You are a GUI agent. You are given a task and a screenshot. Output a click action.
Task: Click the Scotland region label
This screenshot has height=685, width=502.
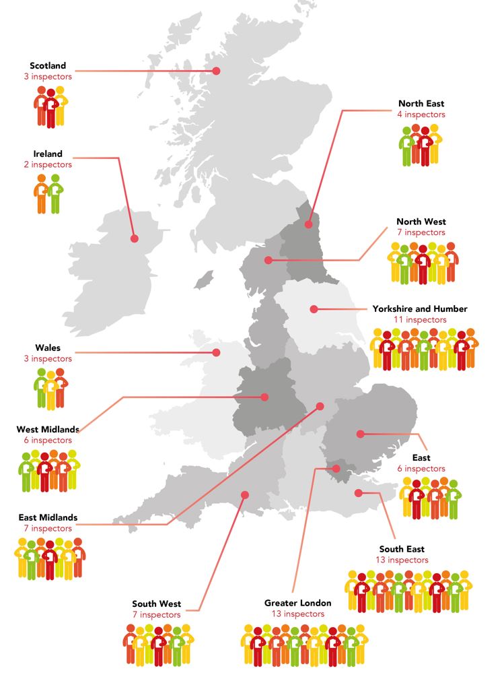pos(48,66)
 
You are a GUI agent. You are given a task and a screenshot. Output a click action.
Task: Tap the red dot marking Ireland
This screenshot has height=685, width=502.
pos(133,238)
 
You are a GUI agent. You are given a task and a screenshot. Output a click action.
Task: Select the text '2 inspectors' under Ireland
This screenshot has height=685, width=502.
pos(48,164)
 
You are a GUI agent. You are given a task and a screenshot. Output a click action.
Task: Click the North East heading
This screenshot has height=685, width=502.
pos(421,104)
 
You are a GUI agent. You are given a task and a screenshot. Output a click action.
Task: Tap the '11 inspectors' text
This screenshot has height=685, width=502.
pos(420,320)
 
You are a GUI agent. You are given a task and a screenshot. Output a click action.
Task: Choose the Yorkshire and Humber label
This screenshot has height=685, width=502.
pos(420,309)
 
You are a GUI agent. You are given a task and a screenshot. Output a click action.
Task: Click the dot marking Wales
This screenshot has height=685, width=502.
pos(216,352)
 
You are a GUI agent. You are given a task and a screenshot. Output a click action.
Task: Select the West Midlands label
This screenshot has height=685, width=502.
pos(48,429)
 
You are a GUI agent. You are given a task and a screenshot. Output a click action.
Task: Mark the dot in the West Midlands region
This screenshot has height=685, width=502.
pos(264,397)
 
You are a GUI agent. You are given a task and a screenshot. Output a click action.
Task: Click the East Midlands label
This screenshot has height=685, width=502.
pos(48,518)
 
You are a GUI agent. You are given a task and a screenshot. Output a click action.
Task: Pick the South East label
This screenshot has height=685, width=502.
pos(402,549)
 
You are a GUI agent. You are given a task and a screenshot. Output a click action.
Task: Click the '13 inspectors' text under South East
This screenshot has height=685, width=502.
pos(402,560)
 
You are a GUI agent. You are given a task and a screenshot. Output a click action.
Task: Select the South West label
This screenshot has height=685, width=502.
pos(156,604)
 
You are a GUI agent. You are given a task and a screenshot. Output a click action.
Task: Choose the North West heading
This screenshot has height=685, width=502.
pos(421,222)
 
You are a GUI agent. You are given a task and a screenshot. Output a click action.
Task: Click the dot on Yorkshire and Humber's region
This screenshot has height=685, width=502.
pos(314,309)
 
